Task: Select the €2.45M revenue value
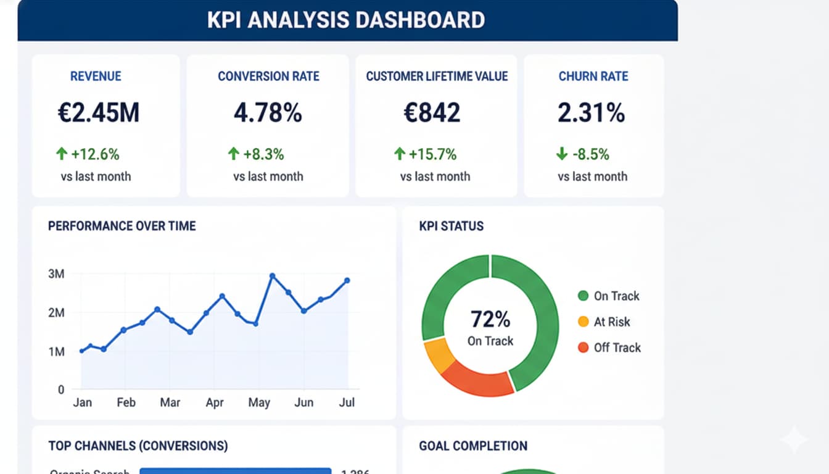(99, 113)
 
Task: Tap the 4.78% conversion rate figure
(268, 113)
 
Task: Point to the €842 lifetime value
(432, 113)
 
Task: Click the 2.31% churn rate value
(591, 113)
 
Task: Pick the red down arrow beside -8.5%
(562, 154)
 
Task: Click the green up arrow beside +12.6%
(62, 154)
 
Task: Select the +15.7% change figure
(432, 154)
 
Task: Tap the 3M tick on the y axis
(56, 273)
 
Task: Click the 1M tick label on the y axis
(56, 351)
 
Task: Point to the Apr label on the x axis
(215, 402)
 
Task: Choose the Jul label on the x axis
(347, 402)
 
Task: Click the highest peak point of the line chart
(272, 276)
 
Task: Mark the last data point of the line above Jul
(347, 280)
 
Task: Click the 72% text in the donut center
(490, 319)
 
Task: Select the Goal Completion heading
(472, 446)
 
